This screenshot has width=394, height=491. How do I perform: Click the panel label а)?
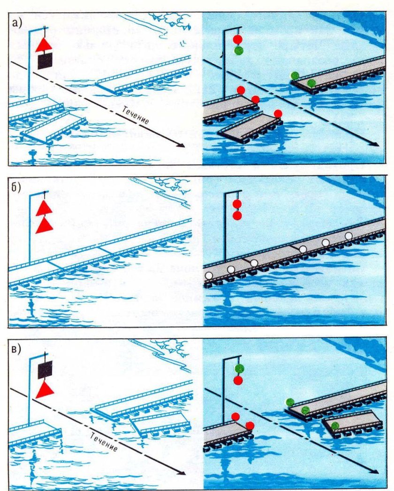coord(17,23)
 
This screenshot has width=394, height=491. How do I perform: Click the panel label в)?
coord(16,349)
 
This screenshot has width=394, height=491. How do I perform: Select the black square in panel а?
coord(45,61)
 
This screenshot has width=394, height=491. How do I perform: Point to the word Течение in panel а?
coord(136,115)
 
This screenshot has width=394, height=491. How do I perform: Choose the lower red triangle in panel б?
coord(44,226)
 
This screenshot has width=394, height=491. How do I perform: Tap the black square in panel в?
coord(45,370)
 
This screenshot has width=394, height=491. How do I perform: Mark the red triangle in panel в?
coord(45,390)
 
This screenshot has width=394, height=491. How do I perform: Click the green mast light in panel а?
coord(239,51)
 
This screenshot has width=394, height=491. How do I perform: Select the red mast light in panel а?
coord(238,39)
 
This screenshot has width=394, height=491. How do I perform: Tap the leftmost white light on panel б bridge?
coord(209,276)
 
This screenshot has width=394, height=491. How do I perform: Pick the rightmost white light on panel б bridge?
coord(349,236)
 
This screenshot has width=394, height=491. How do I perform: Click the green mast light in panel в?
coord(240,369)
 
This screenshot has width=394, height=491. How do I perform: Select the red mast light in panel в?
coord(238,380)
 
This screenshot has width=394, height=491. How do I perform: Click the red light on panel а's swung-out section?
coord(278,114)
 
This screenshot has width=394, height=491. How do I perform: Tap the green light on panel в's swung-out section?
coord(335,425)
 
